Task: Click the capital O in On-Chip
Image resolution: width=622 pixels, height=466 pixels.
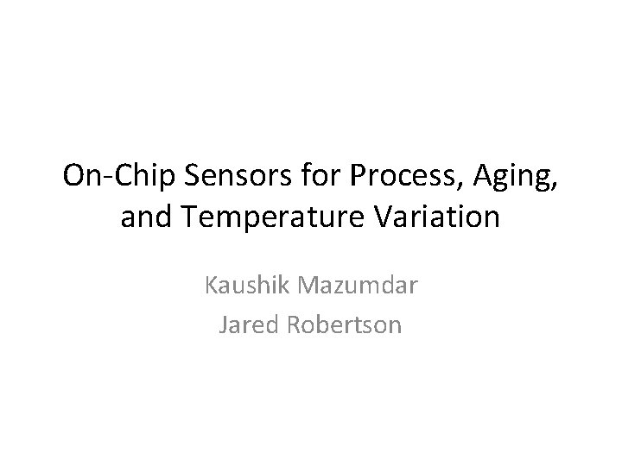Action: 76,177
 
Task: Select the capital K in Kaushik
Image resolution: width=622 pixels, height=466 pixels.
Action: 211,285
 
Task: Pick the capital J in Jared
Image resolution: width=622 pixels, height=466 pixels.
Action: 225,324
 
